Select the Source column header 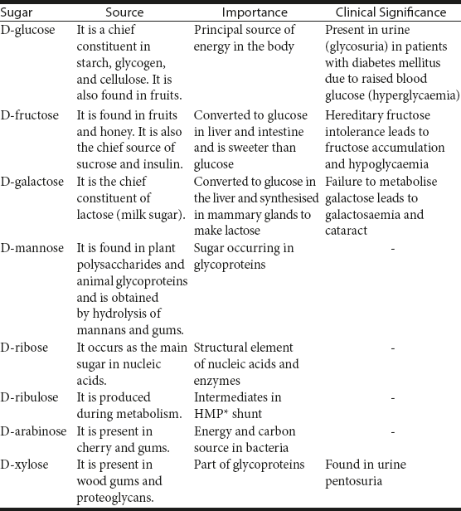tap(124, 12)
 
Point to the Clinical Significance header tap(391, 12)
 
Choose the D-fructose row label tap(30, 115)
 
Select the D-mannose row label tap(32, 248)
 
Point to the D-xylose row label tap(26, 465)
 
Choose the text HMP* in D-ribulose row tap(212, 413)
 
